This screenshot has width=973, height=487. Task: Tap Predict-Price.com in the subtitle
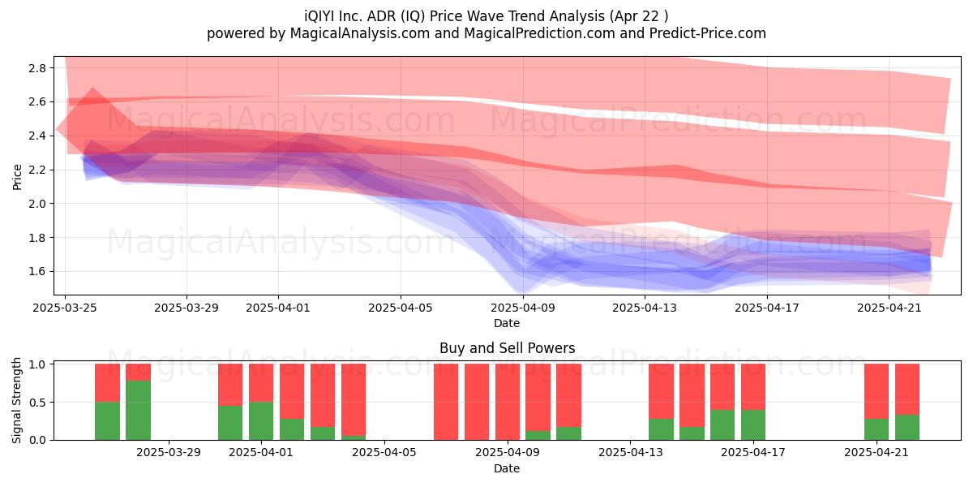tap(708, 33)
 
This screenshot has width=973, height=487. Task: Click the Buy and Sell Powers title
tap(507, 348)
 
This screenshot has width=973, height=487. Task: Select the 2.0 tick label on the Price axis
tap(37, 204)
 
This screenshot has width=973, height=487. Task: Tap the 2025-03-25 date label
tap(65, 308)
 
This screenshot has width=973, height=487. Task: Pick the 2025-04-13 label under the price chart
tap(645, 308)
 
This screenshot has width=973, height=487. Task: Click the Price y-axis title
tap(17, 177)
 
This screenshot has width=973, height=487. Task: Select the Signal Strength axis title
tap(16, 400)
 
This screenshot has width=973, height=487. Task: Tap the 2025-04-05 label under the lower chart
tap(384, 453)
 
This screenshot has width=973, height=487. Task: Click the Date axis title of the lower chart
tap(507, 468)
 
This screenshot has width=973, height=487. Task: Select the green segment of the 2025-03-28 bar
tap(138, 411)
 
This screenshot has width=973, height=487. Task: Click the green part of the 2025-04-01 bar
tap(261, 421)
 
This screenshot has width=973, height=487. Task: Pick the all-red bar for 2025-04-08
tap(477, 402)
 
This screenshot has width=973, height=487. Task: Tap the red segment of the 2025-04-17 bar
tap(753, 387)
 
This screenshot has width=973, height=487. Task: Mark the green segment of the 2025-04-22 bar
tap(907, 428)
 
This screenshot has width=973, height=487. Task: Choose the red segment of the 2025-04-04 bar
tap(354, 399)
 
